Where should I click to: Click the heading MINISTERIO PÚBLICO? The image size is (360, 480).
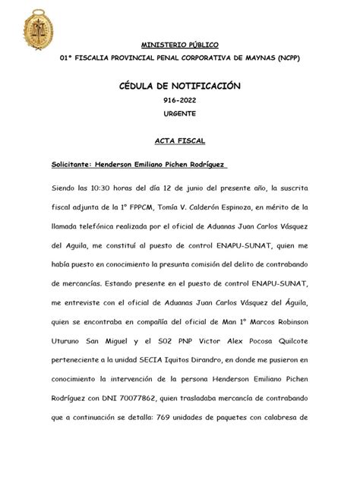pyautogui.click(x=179, y=44)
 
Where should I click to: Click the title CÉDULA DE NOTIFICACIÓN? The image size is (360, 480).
pyautogui.click(x=179, y=87)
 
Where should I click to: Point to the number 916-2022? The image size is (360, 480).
pyautogui.click(x=179, y=101)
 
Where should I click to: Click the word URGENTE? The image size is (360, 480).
pyautogui.click(x=179, y=113)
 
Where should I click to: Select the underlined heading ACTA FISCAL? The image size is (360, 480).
pyautogui.click(x=180, y=141)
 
